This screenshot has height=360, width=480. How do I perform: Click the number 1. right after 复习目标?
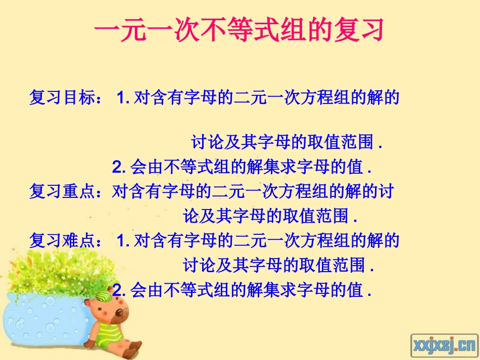tap(123, 98)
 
